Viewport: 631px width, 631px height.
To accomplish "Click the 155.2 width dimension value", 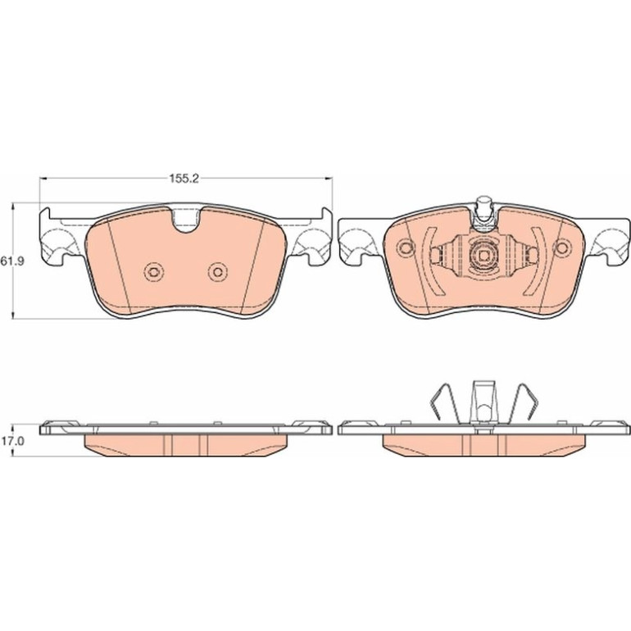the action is coord(184,179).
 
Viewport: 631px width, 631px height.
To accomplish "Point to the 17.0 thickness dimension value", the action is coord(11,441).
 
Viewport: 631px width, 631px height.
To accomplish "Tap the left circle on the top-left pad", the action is coord(153,272).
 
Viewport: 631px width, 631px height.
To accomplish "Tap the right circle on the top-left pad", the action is coord(218,272).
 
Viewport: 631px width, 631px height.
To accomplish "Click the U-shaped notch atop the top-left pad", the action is coord(185,220).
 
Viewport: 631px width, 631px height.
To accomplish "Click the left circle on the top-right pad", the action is coord(406,247).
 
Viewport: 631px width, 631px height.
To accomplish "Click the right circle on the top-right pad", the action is coord(562,247).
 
